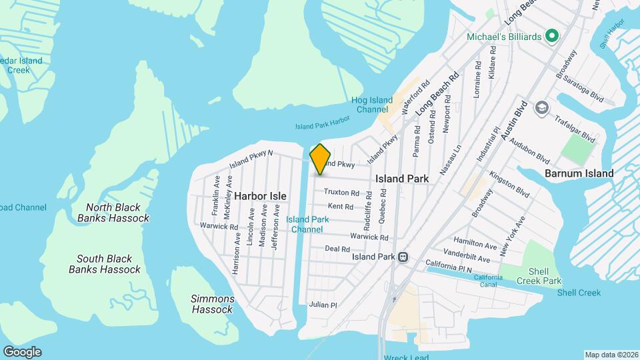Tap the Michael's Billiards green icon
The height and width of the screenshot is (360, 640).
click(551, 36)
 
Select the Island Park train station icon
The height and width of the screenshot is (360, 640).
click(403, 257)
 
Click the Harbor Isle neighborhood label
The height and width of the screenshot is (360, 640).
click(260, 196)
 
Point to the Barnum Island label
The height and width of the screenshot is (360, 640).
click(579, 173)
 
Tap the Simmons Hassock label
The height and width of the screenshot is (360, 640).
click(213, 304)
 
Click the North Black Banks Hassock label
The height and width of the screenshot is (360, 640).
click(113, 213)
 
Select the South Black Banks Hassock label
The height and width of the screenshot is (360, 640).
click(105, 264)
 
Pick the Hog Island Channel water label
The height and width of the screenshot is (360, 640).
click(372, 105)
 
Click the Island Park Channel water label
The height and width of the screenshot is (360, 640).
click(307, 224)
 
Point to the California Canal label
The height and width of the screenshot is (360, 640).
click(489, 281)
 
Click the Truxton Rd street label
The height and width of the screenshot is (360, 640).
click(341, 192)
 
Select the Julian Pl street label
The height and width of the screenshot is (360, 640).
click(323, 305)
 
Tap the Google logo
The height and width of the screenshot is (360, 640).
click(21, 351)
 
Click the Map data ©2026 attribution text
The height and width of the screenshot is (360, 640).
click(611, 355)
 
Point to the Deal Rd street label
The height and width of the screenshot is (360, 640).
click(333, 249)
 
